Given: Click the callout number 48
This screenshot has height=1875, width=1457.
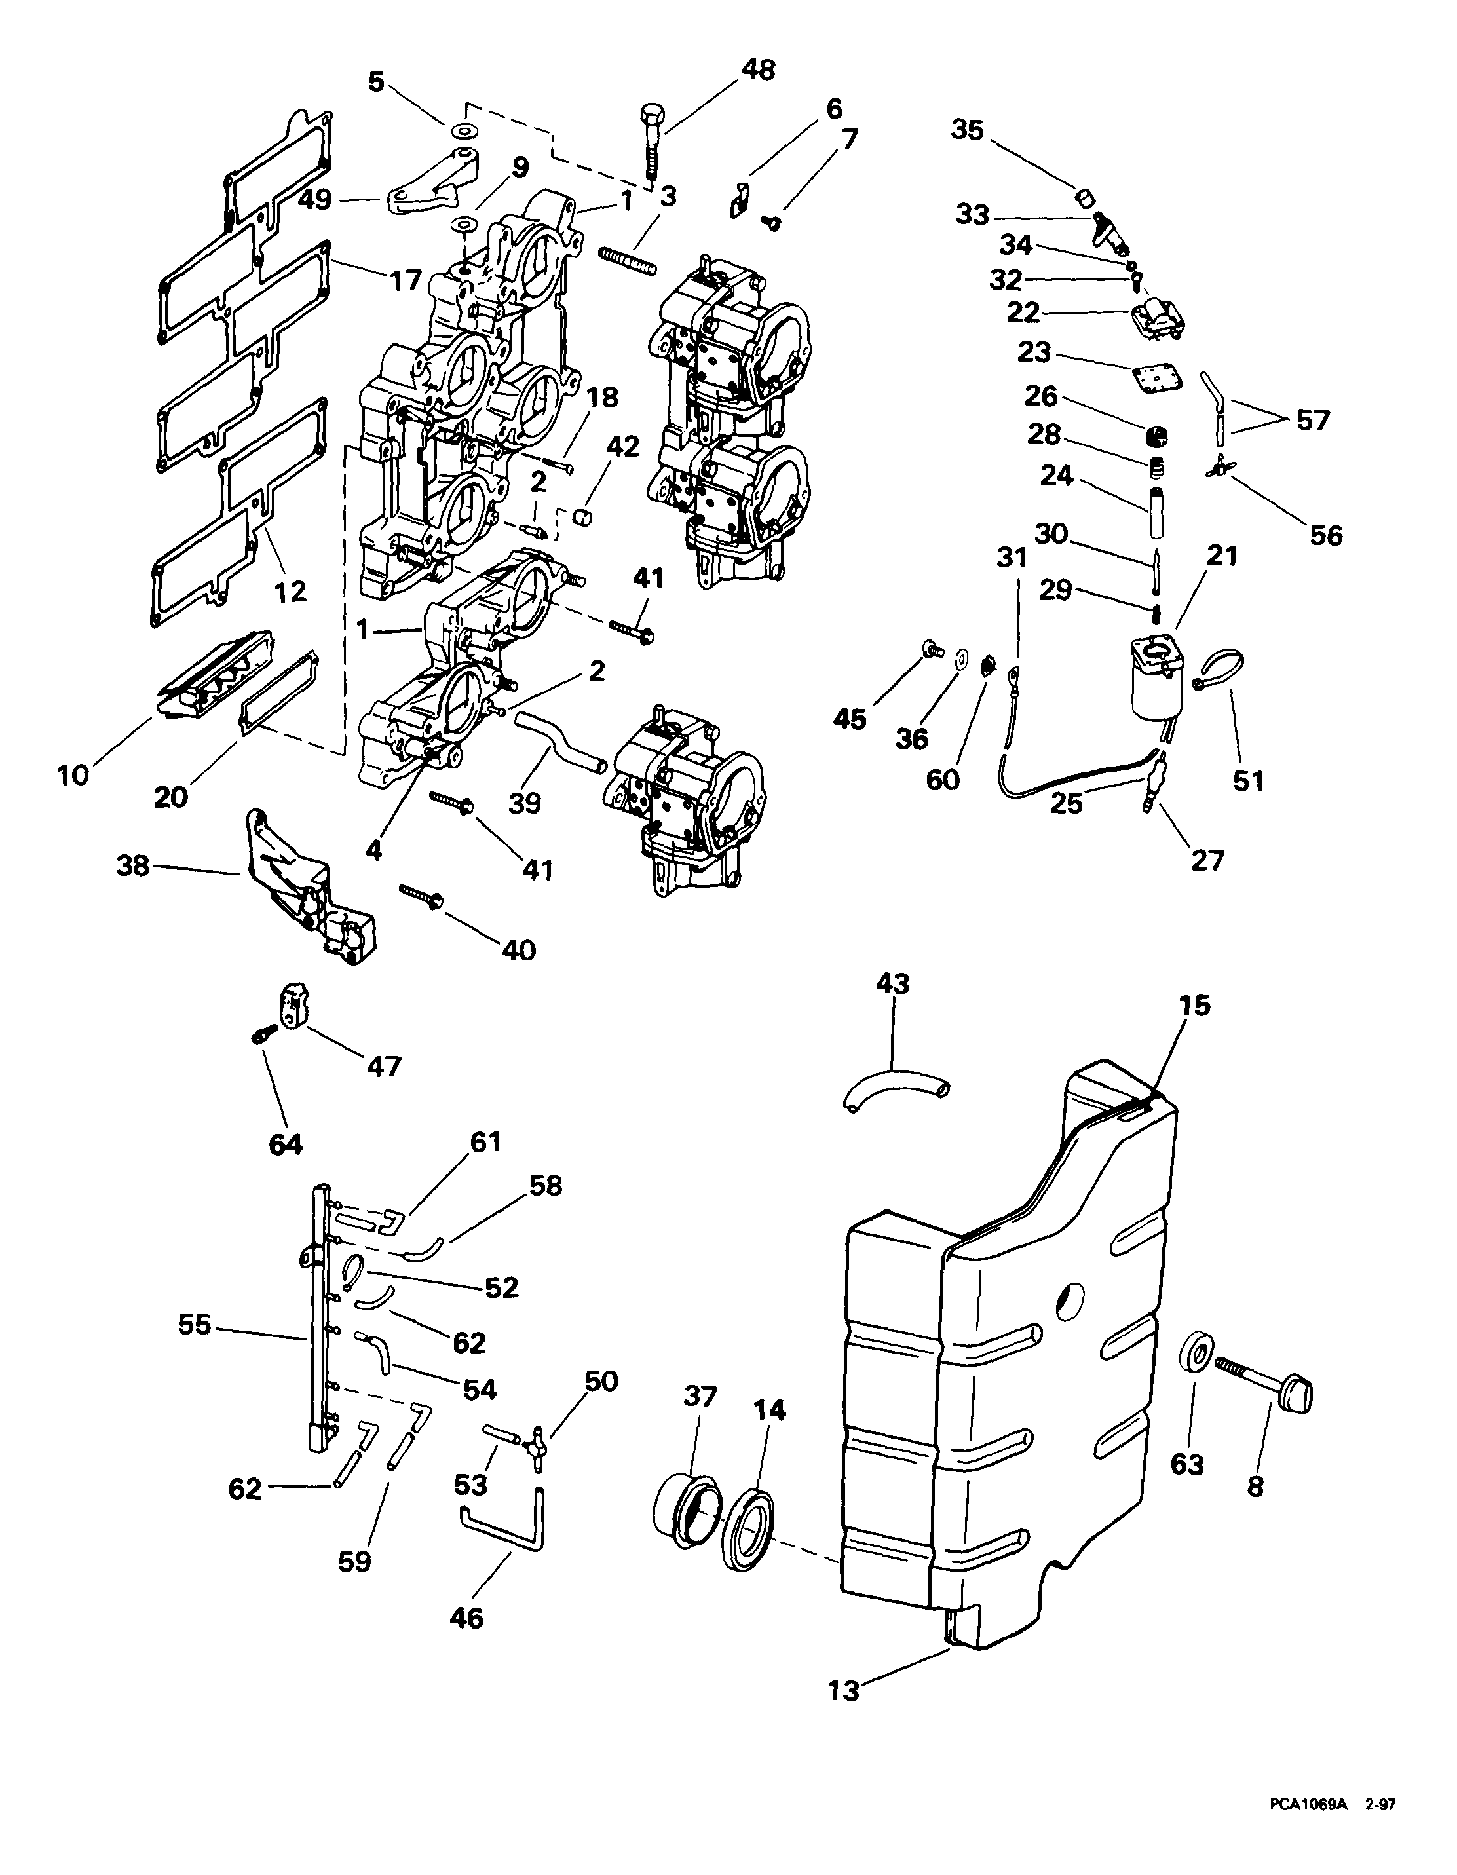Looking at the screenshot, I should pos(757,69).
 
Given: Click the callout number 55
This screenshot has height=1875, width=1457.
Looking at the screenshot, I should pos(194,1325).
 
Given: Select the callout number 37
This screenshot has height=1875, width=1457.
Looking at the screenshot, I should pos(700,1397).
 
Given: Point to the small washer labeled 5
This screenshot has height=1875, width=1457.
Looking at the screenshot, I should pos(465,130).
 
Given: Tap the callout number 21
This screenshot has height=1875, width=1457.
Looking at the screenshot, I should pos(1221,556).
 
